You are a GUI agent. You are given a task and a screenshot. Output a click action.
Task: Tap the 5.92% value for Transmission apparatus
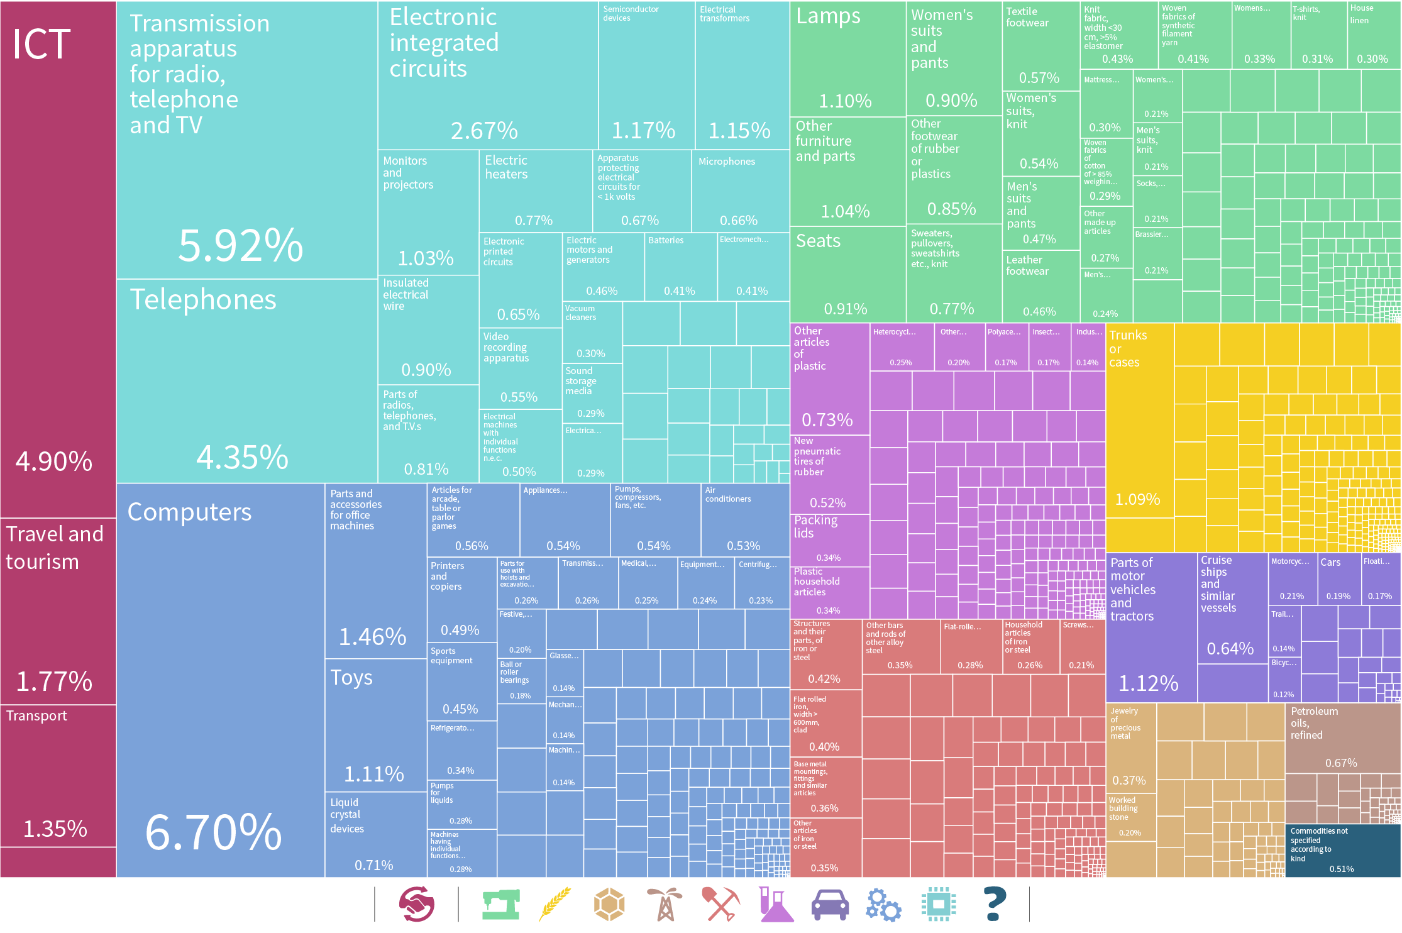click(x=240, y=245)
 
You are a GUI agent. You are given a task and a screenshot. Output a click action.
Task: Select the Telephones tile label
click(x=202, y=300)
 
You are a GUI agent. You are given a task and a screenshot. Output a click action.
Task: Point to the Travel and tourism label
click(x=54, y=548)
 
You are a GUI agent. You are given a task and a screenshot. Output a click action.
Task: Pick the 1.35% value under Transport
click(x=55, y=829)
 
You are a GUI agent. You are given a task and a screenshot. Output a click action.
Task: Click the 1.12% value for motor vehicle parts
click(x=1148, y=683)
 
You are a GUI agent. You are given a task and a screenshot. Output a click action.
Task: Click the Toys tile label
click(x=351, y=678)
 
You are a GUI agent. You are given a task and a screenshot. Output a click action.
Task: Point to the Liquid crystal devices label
click(x=346, y=815)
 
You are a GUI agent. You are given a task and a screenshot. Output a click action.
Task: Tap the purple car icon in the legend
click(x=829, y=905)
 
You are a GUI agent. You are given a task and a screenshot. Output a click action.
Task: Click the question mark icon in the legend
click(x=995, y=904)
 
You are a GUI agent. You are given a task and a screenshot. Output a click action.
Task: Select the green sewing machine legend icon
click(x=500, y=905)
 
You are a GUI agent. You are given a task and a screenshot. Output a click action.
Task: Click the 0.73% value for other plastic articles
click(x=827, y=419)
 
